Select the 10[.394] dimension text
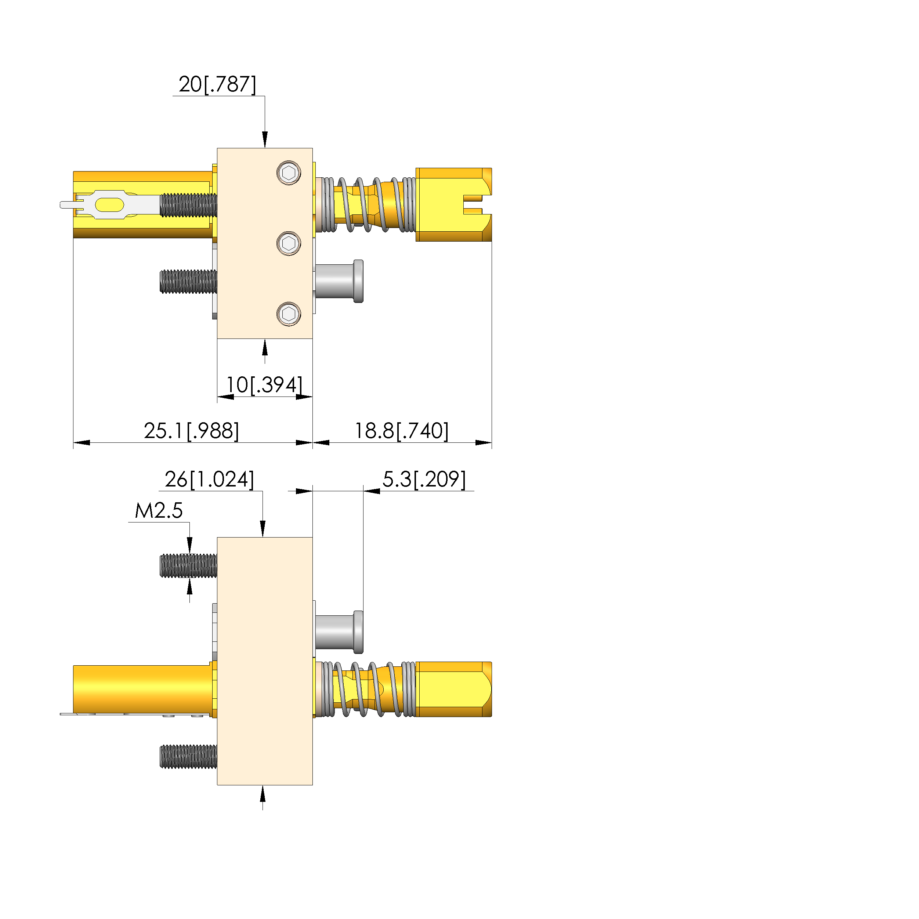coord(264,385)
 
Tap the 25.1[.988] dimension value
coord(191,431)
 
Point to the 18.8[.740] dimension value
coord(401,431)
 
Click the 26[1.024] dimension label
coord(209,480)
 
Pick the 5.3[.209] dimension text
coord(424,480)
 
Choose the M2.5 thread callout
coord(159,511)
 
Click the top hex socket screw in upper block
coord(289,173)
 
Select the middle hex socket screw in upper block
coord(289,243)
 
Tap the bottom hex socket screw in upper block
coord(289,314)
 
